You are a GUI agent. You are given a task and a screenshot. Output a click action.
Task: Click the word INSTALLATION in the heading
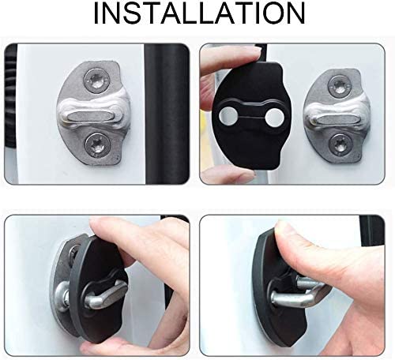pos(197,16)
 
